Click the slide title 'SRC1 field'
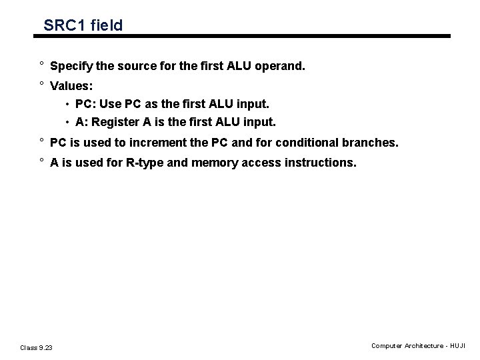click(x=83, y=25)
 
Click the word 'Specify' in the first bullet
click(x=70, y=67)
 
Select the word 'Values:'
click(x=72, y=86)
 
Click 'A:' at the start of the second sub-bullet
click(x=82, y=123)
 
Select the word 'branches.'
click(x=374, y=143)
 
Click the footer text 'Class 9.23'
click(x=36, y=347)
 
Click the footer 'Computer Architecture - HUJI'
click(x=419, y=346)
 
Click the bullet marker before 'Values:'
click(x=41, y=85)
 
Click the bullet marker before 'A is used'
click(x=41, y=161)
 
